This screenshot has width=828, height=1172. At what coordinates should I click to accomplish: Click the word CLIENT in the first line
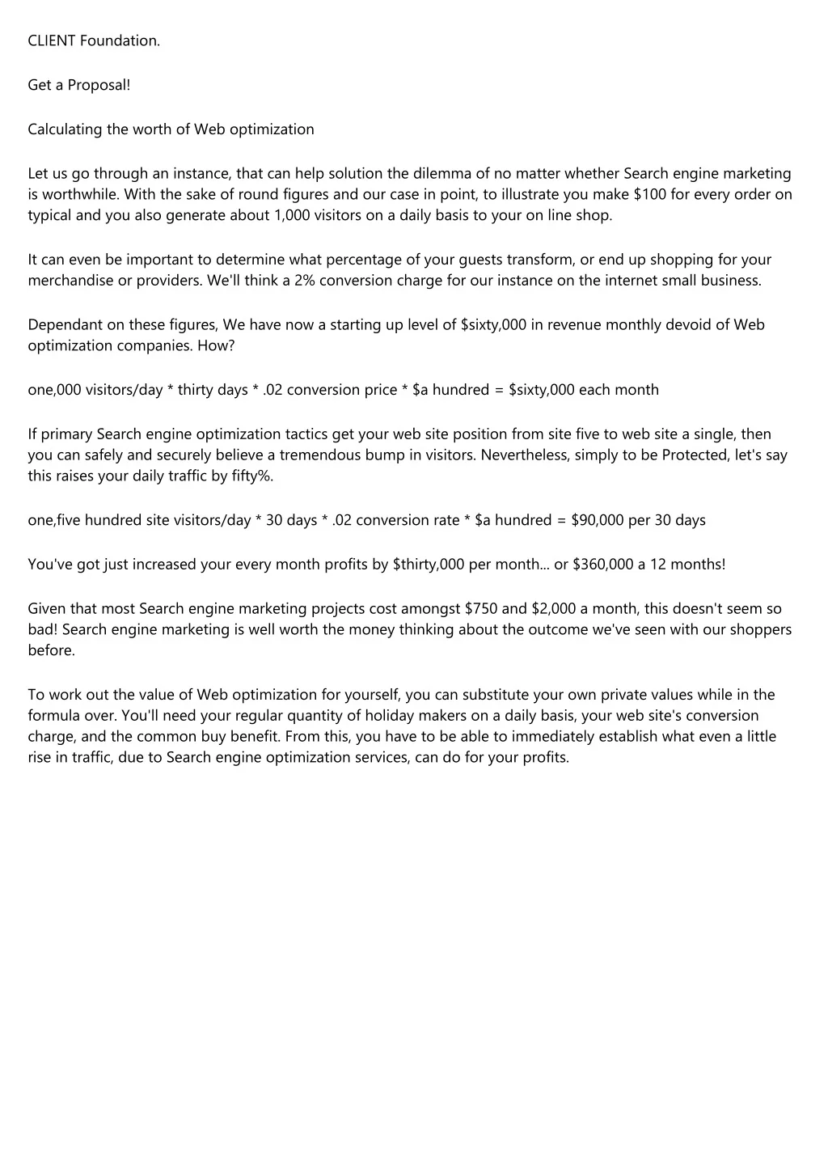coord(52,40)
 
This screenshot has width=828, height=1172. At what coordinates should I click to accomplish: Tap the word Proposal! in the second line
coord(99,85)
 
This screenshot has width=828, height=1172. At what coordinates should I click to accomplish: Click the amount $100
coord(650,194)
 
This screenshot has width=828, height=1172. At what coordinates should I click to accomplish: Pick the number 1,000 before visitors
coord(291,215)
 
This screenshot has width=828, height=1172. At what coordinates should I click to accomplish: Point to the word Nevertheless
coord(525,455)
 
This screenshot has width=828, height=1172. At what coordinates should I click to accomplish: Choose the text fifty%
coord(252,476)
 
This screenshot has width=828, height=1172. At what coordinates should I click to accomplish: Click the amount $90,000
coord(598,520)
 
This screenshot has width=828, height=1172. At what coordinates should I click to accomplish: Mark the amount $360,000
coord(603,564)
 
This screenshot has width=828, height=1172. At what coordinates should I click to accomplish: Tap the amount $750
coord(481,608)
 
